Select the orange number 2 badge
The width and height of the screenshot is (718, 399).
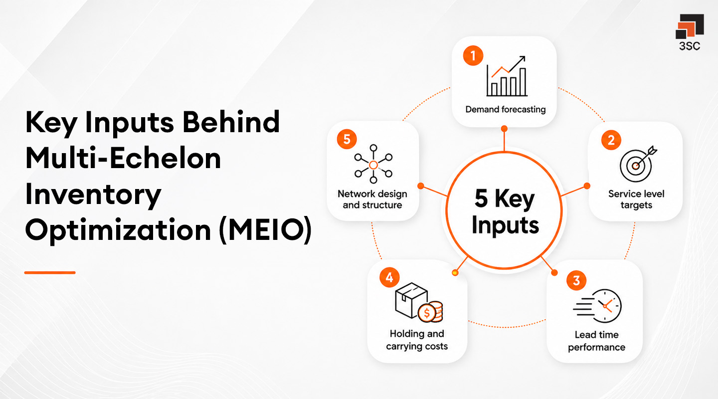click(611, 140)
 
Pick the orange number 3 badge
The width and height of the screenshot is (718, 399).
click(576, 280)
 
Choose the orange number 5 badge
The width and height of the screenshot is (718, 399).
click(347, 139)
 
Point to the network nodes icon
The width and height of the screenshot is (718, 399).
click(373, 164)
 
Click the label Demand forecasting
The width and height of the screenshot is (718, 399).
click(505, 109)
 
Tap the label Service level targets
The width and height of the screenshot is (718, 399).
click(636, 199)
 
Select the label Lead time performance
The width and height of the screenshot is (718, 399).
click(596, 341)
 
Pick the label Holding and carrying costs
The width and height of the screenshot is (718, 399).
click(417, 340)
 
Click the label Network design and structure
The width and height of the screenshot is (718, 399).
click(372, 199)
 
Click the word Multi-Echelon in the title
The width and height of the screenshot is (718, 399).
click(123, 159)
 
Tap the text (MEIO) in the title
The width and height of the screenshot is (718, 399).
click(265, 231)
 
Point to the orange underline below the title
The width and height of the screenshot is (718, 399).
click(50, 272)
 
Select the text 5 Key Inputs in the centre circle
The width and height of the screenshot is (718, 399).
click(505, 211)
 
